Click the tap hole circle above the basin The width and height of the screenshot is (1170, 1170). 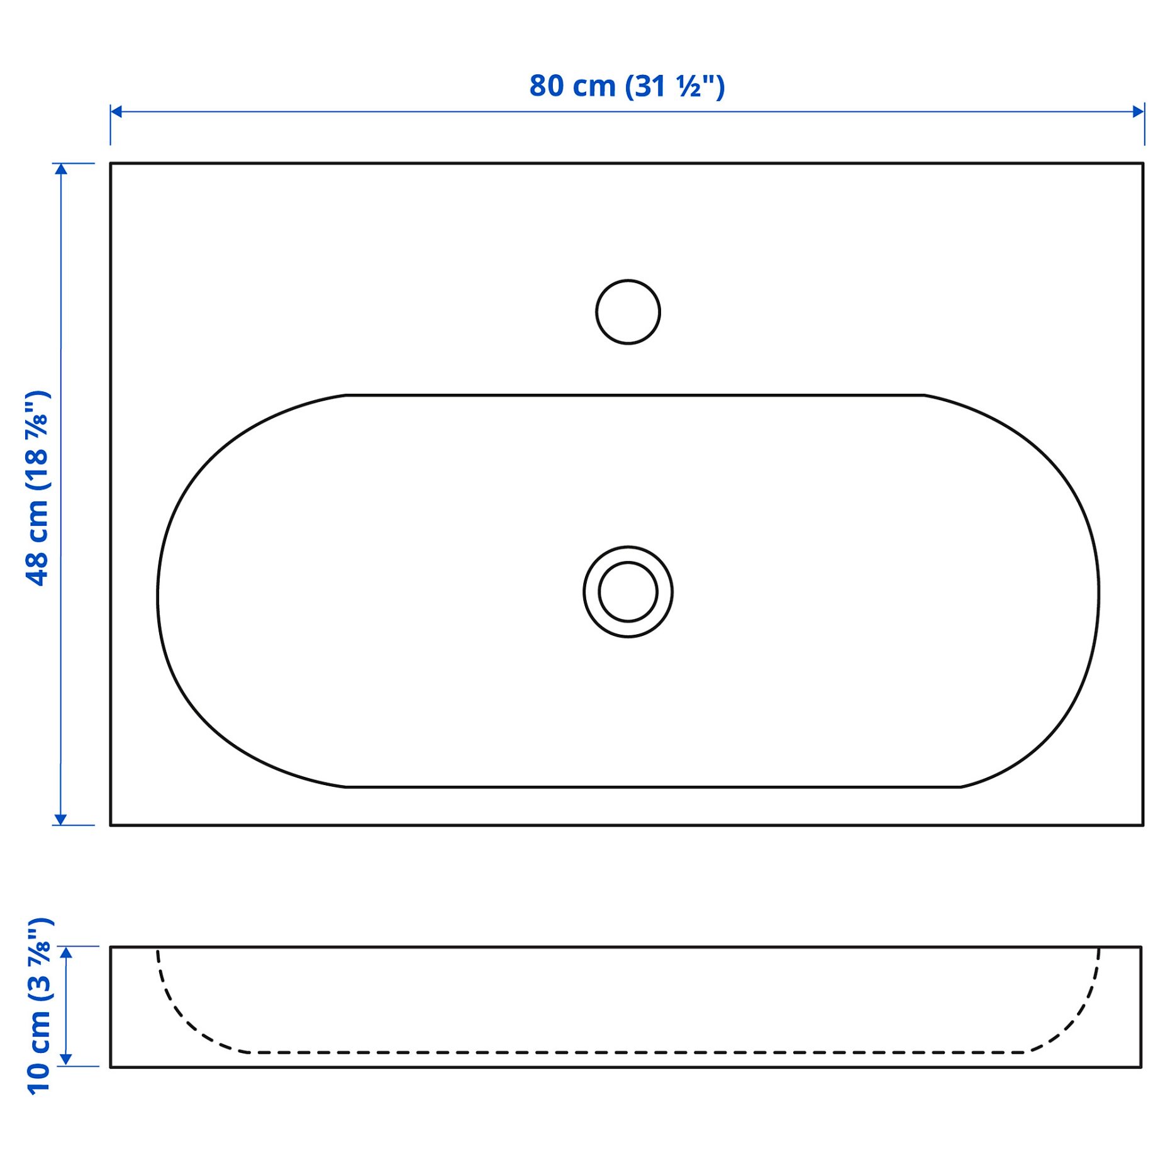627,312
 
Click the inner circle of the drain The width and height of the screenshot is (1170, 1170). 627,592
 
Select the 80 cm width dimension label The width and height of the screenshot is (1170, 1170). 627,86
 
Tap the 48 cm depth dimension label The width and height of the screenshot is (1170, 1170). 37,489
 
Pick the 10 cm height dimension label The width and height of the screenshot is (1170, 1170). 39,1006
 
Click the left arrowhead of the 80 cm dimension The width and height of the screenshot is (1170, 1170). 116,112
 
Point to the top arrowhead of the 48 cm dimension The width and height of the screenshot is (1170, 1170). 60,169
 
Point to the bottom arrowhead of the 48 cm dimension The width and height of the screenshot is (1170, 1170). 60,819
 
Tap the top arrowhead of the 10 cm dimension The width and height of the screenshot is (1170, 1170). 66,952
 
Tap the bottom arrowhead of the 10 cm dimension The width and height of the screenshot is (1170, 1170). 66,1060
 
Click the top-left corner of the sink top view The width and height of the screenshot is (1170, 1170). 111,164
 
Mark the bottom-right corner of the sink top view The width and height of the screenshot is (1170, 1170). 1143,825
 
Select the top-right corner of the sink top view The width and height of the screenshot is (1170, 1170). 1143,164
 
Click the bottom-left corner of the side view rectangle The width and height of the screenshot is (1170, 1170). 111,1067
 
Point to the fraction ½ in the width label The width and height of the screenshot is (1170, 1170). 688,87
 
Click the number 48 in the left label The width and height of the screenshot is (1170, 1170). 37,569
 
